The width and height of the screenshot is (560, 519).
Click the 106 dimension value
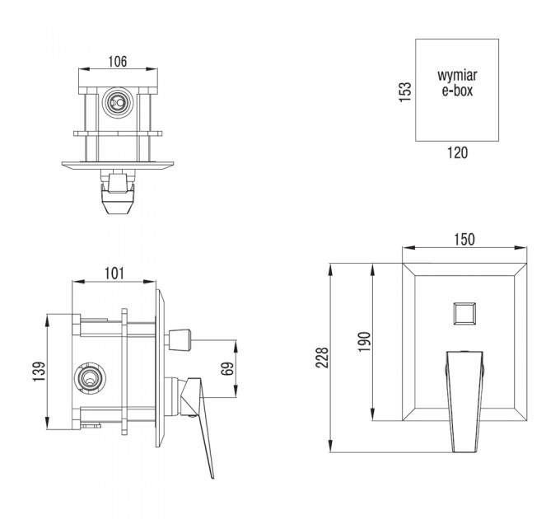(x=118, y=62)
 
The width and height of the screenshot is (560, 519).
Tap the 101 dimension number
(x=114, y=274)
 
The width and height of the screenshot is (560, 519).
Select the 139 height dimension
(x=40, y=372)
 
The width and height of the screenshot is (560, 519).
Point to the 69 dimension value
(x=227, y=368)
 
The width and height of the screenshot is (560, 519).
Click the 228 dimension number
(x=322, y=358)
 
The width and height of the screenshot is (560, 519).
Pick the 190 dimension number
(x=365, y=342)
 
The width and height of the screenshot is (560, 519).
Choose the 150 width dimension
(x=464, y=240)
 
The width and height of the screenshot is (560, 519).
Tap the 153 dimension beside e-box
(x=405, y=92)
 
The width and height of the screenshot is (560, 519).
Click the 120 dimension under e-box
(x=458, y=153)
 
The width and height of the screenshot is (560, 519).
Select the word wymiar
(x=457, y=75)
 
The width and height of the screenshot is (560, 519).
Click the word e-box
(x=457, y=91)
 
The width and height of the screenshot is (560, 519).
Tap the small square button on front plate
(x=464, y=314)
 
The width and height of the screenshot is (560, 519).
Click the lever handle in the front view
(x=464, y=401)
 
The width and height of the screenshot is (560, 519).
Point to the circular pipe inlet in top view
(x=118, y=103)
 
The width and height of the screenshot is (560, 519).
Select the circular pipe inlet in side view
(x=89, y=379)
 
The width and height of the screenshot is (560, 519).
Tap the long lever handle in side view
(x=197, y=428)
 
